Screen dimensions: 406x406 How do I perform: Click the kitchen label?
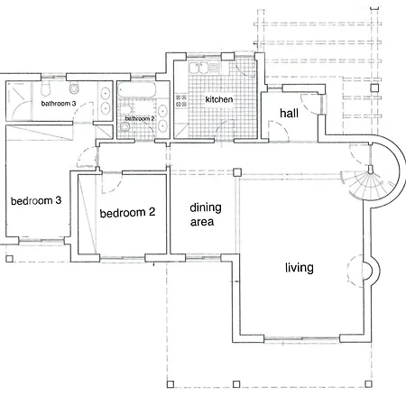pyautogui.click(x=219, y=99)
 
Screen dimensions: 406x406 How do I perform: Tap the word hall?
pyautogui.click(x=289, y=114)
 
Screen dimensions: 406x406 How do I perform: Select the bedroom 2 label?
pyautogui.click(x=127, y=213)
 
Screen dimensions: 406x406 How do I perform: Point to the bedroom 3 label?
pyautogui.click(x=36, y=200)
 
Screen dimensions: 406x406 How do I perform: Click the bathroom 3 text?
pyautogui.click(x=59, y=104)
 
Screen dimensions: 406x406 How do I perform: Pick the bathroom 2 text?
pyautogui.click(x=140, y=118)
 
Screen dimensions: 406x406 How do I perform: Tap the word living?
pyautogui.click(x=300, y=268)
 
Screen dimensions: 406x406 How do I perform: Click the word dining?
pyautogui.click(x=206, y=208)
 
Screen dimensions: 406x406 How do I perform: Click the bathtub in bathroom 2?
pyautogui.click(x=137, y=90)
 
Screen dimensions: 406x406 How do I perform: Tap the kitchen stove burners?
pyautogui.click(x=181, y=101)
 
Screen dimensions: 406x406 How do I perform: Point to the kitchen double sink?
pyautogui.click(x=198, y=68)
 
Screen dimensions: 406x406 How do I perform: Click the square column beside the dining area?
pyautogui.click(x=237, y=172)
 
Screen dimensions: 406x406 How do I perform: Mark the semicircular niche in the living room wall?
pyautogui.click(x=371, y=272)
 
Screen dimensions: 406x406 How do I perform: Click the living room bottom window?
pyautogui.click(x=301, y=339)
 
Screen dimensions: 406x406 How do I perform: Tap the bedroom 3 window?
pyautogui.click(x=42, y=240)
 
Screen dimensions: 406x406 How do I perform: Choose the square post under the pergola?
pyautogui.click(x=374, y=88)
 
